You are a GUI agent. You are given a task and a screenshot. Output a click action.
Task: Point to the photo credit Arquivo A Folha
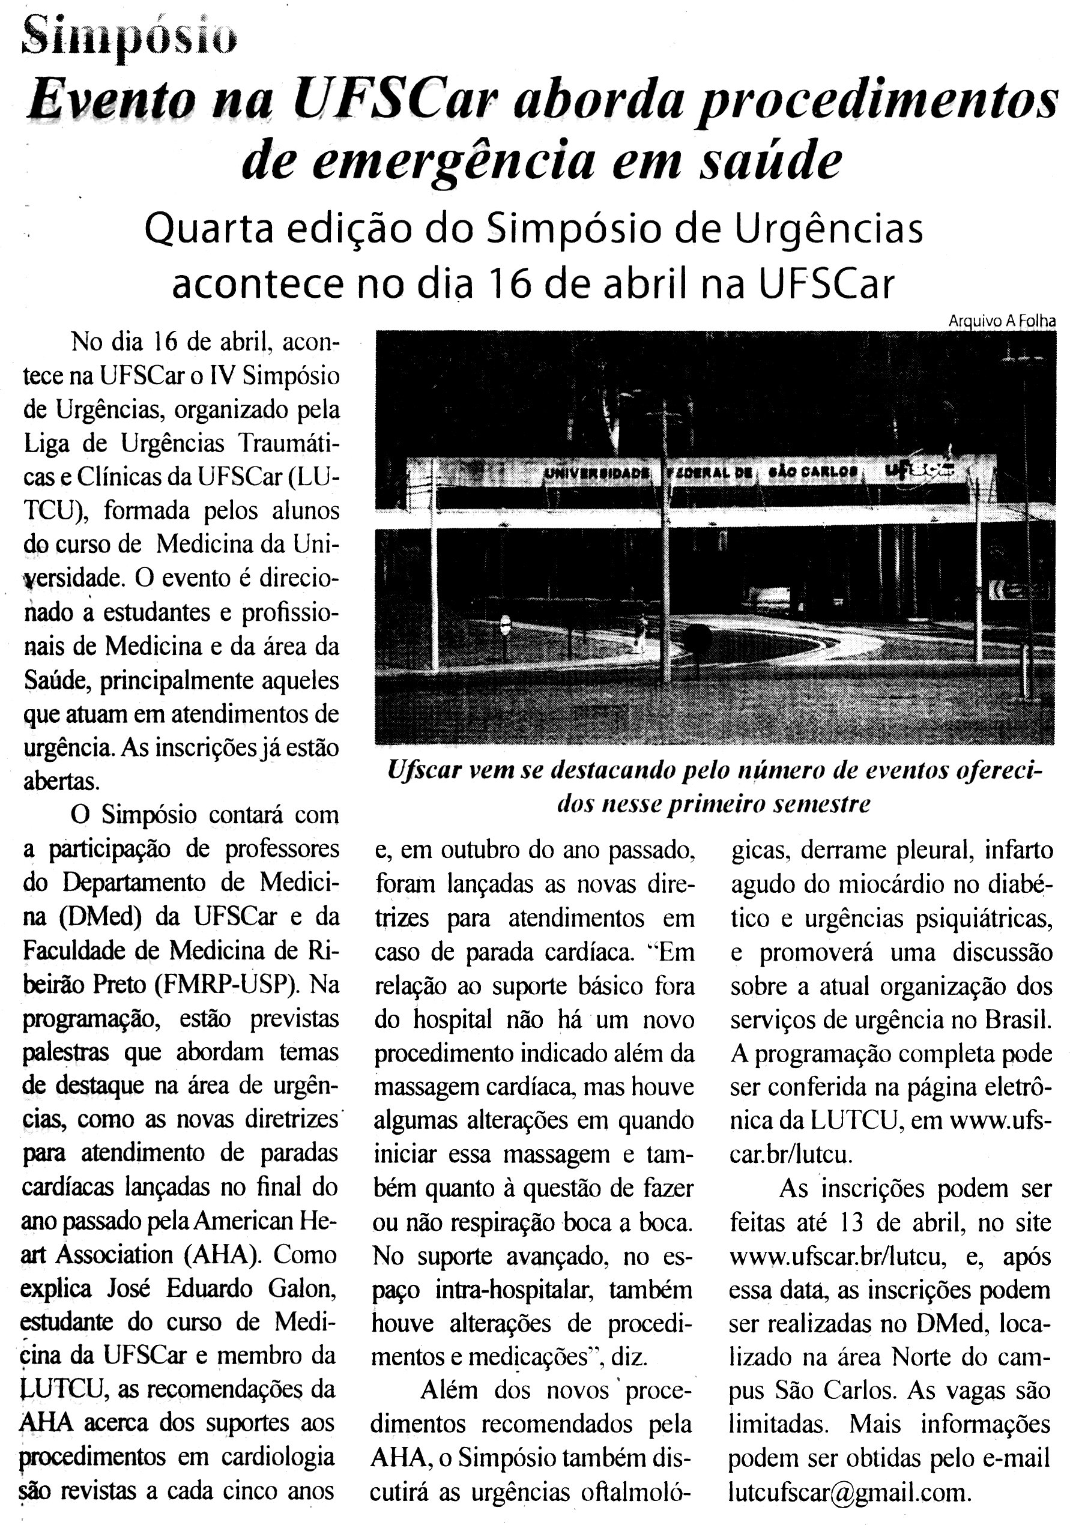point(1002,321)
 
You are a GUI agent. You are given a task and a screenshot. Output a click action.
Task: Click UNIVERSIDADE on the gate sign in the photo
point(596,473)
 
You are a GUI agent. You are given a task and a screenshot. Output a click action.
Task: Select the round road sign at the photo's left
point(506,624)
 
